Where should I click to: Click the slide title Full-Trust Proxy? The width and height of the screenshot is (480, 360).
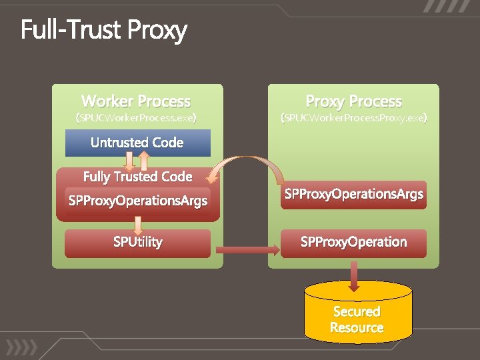[103, 31]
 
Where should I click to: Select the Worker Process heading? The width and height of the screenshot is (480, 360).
[136, 101]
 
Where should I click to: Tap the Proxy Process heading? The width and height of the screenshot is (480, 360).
[353, 101]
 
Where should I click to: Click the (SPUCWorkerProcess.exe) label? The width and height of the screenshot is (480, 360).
[136, 119]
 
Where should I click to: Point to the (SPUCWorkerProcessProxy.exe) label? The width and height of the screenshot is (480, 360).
[353, 119]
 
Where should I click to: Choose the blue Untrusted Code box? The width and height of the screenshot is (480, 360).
[137, 143]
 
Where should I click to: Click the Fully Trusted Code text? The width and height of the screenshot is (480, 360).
[137, 177]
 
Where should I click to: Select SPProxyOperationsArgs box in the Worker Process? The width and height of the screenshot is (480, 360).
[138, 200]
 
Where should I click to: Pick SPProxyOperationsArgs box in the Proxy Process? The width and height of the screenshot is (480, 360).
[353, 195]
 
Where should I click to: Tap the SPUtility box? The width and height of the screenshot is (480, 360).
[137, 243]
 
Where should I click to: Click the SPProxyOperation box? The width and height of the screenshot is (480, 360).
[353, 243]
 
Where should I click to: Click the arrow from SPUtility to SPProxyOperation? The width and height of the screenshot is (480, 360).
[247, 250]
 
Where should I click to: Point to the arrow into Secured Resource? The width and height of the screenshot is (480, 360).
[354, 275]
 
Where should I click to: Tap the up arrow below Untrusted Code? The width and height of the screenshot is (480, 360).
[144, 161]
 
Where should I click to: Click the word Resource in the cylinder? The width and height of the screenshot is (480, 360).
[357, 328]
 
